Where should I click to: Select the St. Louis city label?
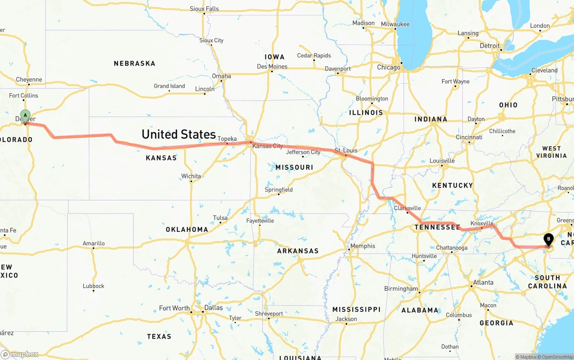coord(345,150)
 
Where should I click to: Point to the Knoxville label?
coord(482,223)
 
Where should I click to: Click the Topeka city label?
coord(227,139)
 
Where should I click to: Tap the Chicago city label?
coord(388,67)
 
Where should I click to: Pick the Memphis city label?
coord(362,246)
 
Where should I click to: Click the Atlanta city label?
coord(483,282)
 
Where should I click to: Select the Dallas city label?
coord(213,308)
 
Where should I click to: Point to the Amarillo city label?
coord(94,243)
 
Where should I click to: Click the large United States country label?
coord(178,134)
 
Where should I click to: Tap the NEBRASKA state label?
coord(135,64)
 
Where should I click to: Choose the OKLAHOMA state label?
coord(187,230)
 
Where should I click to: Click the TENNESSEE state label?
coord(437,227)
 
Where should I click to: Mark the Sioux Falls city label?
coord(204,9)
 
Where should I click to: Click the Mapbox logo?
coord(20,354)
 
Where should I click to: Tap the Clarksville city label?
coord(407,208)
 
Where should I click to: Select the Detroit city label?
coord(489,46)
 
